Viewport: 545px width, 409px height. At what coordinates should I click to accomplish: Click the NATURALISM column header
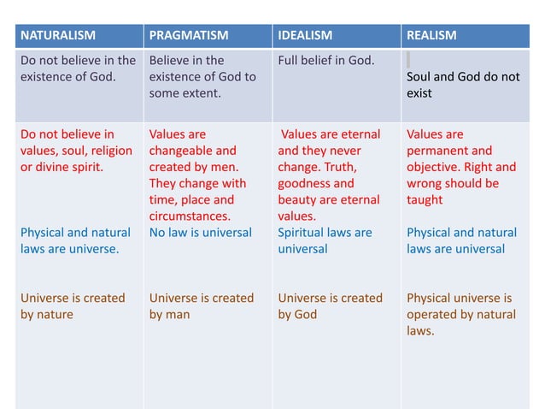point(57,35)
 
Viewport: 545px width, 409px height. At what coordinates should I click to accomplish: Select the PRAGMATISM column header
point(190,35)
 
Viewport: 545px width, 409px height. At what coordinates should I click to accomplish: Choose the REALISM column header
point(431,35)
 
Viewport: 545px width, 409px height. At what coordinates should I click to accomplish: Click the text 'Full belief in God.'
point(325,61)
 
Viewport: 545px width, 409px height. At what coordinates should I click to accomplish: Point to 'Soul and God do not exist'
point(462,85)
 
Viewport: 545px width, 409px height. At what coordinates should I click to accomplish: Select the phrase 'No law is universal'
point(200,233)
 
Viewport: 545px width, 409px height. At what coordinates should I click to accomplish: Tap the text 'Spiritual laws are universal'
point(325,240)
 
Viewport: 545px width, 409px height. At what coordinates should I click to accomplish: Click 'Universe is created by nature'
point(73,306)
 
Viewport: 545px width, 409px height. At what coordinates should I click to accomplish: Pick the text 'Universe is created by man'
point(201,306)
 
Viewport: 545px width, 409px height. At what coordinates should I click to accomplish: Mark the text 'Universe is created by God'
point(330,306)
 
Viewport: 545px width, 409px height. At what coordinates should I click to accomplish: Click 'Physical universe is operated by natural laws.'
point(460,314)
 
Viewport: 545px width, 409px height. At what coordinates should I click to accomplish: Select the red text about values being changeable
point(197,175)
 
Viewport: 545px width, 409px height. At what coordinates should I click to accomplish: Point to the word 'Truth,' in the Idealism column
point(357,167)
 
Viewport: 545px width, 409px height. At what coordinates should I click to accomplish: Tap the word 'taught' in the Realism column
point(425,200)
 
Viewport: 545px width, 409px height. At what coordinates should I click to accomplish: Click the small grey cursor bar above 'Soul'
point(408,60)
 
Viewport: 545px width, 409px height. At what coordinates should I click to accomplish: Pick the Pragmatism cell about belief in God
point(202,76)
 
